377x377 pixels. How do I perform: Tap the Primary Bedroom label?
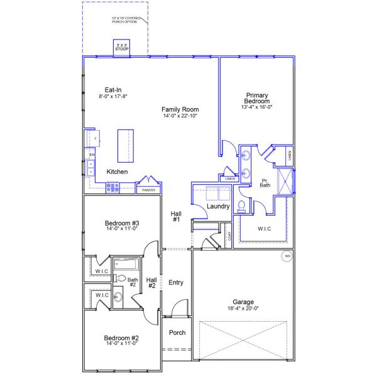click(x=257, y=98)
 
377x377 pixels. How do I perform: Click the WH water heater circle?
click(x=287, y=256)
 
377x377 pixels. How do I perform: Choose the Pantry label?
click(x=149, y=190)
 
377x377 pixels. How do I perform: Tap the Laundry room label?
click(x=218, y=205)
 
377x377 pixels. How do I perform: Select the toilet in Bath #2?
click(x=121, y=278)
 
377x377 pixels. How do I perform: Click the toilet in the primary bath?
click(x=243, y=205)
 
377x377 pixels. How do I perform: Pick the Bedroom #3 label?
click(x=122, y=223)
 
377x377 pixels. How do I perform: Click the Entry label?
click(x=176, y=283)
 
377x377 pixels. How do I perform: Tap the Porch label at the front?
click(x=177, y=332)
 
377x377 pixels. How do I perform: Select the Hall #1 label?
click(x=176, y=216)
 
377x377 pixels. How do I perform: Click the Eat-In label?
click(x=113, y=89)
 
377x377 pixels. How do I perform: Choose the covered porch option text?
click(x=126, y=20)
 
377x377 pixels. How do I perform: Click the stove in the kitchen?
click(x=112, y=186)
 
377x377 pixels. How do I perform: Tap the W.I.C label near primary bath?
click(x=265, y=229)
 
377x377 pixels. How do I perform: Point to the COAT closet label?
click(x=229, y=236)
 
